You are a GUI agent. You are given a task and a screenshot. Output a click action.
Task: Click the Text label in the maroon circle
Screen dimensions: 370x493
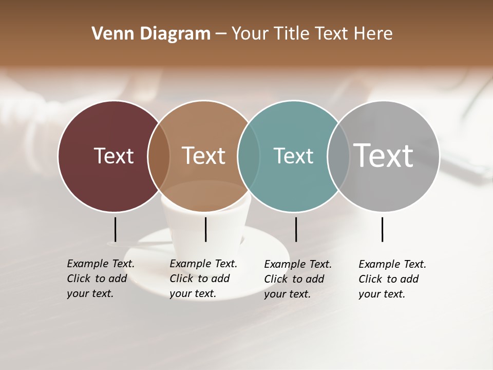coord(113,156)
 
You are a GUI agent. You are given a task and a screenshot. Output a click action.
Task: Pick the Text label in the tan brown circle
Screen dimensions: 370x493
coord(204,156)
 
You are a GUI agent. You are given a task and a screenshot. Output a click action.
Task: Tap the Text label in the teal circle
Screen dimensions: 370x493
coord(293,156)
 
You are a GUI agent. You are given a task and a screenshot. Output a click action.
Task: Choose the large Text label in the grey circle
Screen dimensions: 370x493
coord(384,156)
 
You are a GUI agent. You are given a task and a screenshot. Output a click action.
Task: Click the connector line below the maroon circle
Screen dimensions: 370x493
coord(115,229)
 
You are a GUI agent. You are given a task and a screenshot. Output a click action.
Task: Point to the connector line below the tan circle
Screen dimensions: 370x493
coord(205,229)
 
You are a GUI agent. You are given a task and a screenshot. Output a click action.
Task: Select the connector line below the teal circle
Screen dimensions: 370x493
coord(296,229)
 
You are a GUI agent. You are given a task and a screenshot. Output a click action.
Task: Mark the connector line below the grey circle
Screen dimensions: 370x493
coord(382,229)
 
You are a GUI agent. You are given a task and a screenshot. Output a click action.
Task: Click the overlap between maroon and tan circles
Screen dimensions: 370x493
coord(159,156)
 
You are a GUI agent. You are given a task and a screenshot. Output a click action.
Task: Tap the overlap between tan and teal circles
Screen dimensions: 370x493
coord(249,156)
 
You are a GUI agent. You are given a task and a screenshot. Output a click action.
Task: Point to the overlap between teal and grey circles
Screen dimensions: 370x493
coord(338,156)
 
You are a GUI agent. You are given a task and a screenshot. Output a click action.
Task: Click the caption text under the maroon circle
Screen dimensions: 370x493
coord(100,279)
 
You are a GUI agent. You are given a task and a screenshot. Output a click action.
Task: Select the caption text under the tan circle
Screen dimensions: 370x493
coord(203,279)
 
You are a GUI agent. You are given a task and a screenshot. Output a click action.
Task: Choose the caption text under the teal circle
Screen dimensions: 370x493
coord(297,279)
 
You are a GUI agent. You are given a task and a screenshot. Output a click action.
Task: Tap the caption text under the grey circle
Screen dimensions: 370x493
coord(392,279)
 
